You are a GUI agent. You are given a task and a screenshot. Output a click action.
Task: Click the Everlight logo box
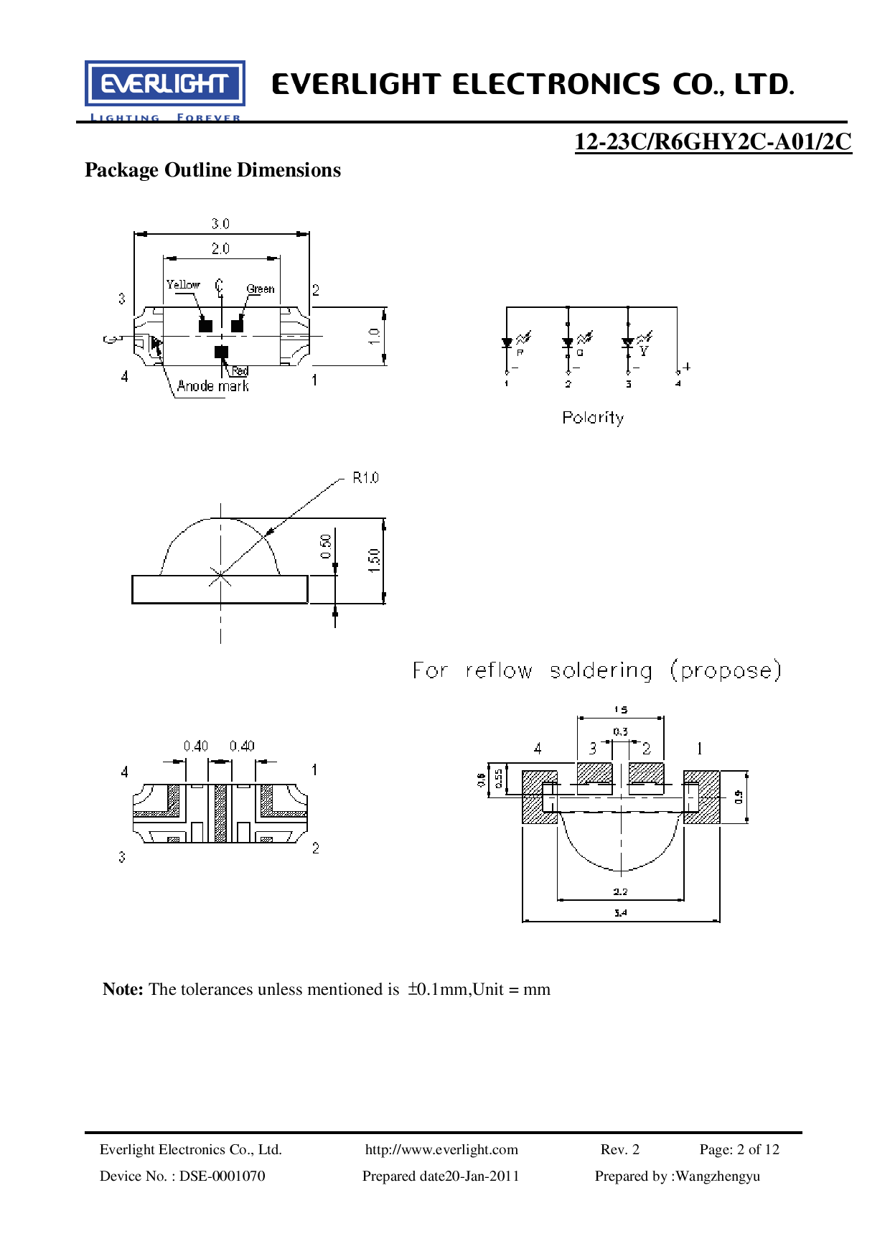tap(165, 84)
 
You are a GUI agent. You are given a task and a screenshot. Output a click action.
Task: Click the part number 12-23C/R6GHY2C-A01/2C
tap(713, 141)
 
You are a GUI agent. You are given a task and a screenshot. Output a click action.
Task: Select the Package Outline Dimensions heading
tap(212, 170)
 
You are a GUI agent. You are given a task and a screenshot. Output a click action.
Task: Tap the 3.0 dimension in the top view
tap(220, 224)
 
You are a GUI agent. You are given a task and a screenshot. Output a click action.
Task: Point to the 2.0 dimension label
tap(220, 248)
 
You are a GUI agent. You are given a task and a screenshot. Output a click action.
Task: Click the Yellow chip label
tap(183, 285)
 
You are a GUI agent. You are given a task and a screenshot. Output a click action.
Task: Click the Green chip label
tap(261, 289)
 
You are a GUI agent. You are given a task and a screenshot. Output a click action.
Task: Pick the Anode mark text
tap(212, 386)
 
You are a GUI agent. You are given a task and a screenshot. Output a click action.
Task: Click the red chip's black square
tap(221, 352)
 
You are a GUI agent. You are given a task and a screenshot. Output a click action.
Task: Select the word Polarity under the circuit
tap(593, 418)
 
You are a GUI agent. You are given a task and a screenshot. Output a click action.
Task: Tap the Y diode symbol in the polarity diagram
tap(629, 342)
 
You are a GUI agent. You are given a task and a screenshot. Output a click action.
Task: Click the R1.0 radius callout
tap(365, 478)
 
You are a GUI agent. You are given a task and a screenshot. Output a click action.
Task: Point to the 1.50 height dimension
tap(374, 560)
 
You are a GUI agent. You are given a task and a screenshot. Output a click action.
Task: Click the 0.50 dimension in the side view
tap(327, 546)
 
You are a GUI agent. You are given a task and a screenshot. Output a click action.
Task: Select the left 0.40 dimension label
tap(195, 746)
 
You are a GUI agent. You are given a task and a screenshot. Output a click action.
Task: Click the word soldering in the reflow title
tap(601, 670)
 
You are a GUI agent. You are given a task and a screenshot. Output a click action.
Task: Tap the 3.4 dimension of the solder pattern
tap(620, 913)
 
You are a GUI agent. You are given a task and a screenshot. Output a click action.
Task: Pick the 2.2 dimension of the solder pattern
tap(620, 891)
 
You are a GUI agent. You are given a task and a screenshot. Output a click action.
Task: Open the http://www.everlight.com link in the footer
tap(441, 1149)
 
